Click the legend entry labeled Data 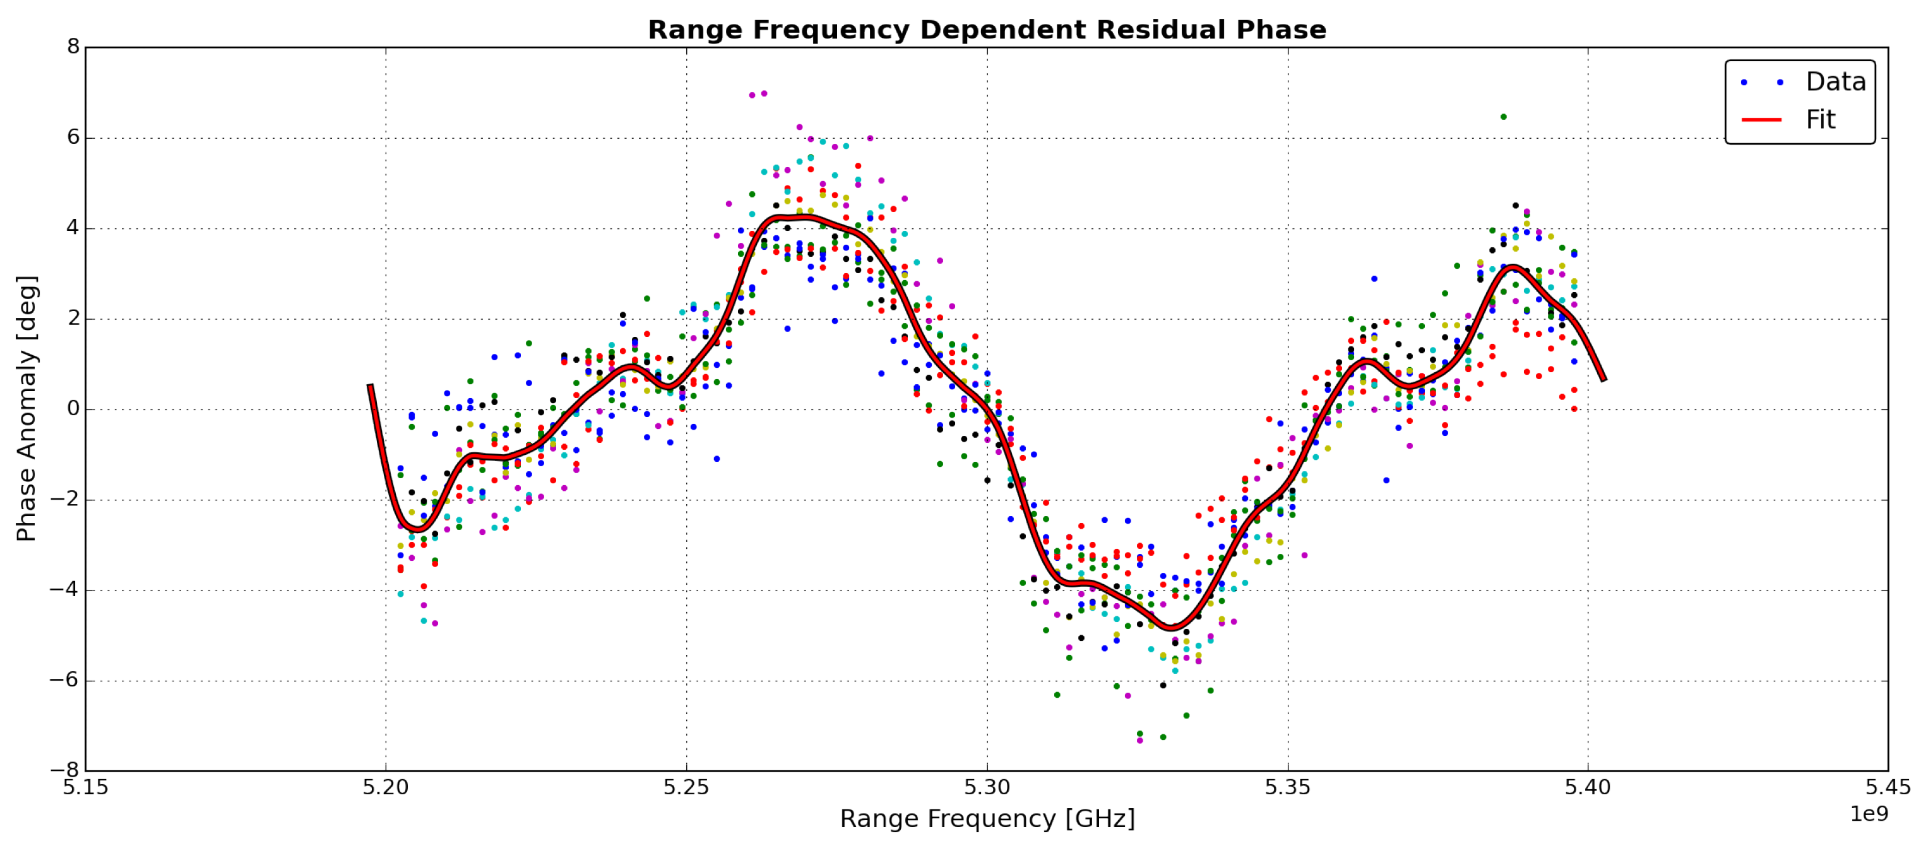[x=1835, y=81]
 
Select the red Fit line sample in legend [x=1761, y=119]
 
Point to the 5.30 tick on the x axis [x=987, y=787]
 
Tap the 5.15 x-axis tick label [x=86, y=787]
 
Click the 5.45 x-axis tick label [x=1888, y=787]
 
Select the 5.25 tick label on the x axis [x=686, y=787]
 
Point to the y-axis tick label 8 [x=73, y=46]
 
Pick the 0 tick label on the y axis [x=73, y=408]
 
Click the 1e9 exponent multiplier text [x=1869, y=814]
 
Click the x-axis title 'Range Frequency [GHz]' [x=987, y=818]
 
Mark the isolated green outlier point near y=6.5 [x=1503, y=116]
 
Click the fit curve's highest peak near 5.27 [x=802, y=217]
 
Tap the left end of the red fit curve [x=370, y=385]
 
